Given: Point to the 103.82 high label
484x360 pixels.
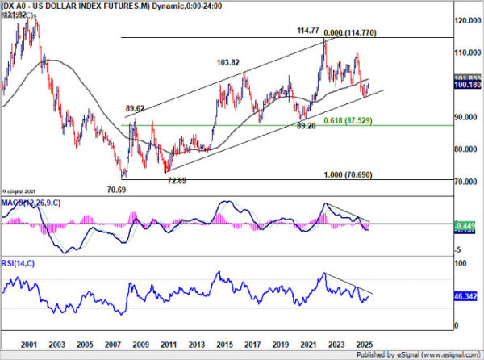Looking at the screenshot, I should click(x=230, y=62).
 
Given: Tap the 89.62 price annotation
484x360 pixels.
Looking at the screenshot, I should click(x=135, y=107).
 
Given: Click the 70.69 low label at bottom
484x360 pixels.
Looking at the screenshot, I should click(x=118, y=190).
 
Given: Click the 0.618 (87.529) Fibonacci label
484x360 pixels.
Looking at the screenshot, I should click(x=348, y=120).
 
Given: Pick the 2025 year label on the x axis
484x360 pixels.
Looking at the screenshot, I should click(x=363, y=342).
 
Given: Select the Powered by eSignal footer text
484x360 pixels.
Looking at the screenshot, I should click(x=431, y=354).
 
